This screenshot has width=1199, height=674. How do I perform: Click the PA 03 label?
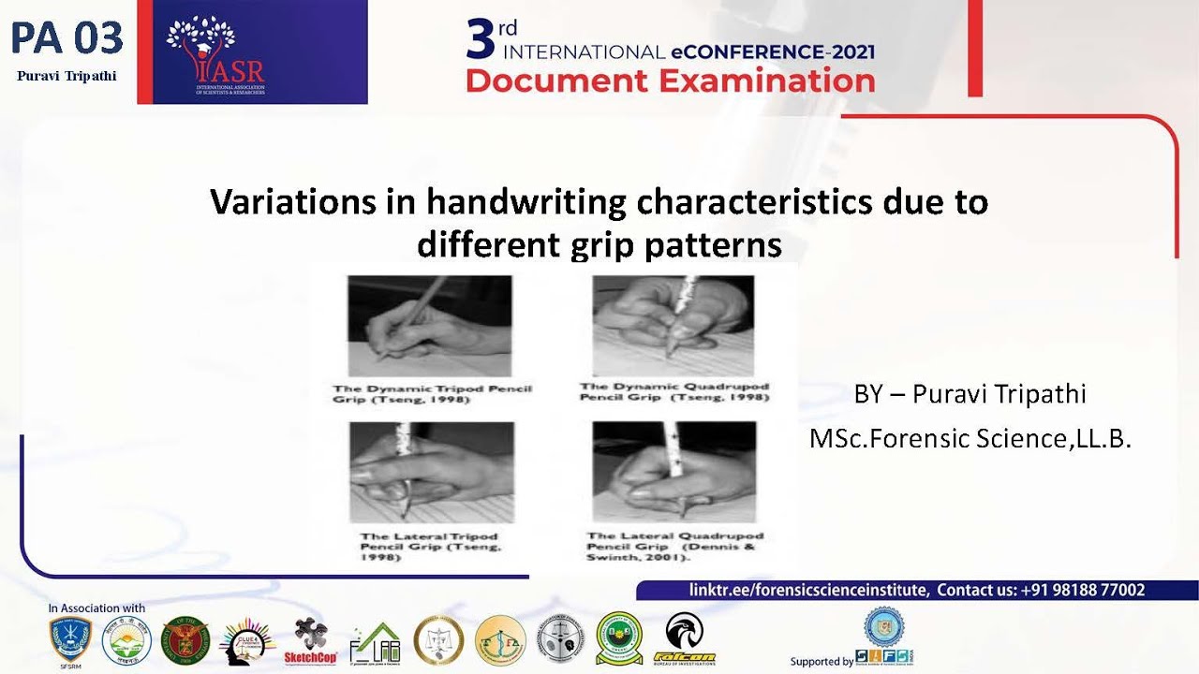(x=67, y=37)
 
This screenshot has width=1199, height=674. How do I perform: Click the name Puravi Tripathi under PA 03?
(x=67, y=76)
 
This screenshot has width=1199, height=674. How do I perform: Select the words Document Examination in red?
(x=670, y=81)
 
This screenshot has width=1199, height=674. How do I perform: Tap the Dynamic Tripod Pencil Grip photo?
(x=430, y=325)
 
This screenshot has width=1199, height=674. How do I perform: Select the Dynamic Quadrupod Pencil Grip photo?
(x=673, y=325)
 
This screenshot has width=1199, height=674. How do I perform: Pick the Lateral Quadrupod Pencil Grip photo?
(x=674, y=471)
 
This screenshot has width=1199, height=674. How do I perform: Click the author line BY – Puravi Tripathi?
(x=970, y=394)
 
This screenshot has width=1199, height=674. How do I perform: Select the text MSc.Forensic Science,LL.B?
(x=970, y=437)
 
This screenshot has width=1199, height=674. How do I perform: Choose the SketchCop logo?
(x=310, y=641)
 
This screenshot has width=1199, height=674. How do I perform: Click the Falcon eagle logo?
(x=684, y=637)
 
